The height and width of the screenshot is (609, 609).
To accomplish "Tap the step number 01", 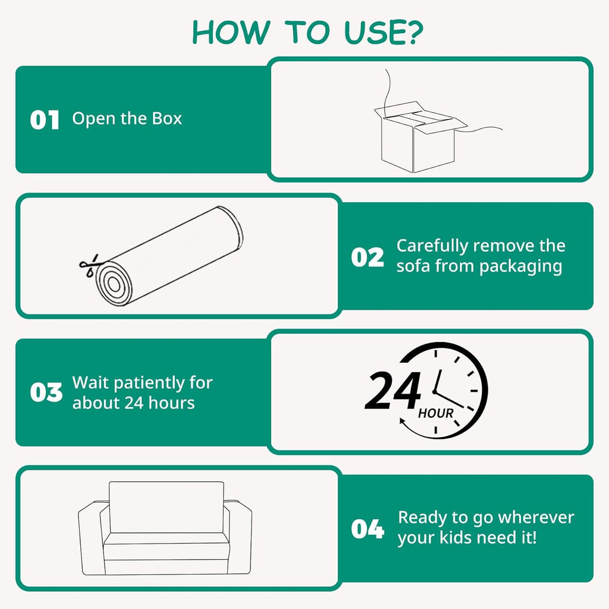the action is click(44, 120).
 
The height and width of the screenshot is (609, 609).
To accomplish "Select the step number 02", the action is click(368, 257).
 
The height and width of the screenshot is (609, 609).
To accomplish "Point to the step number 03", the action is click(46, 392).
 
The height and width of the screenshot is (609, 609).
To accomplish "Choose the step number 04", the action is click(368, 529).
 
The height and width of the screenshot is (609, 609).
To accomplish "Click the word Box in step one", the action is click(167, 118).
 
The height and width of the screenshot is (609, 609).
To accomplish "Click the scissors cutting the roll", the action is click(89, 266).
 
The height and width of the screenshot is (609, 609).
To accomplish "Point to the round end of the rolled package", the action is click(114, 284).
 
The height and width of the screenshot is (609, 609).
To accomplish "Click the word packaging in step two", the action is click(520, 267).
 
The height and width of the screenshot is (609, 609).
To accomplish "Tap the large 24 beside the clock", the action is click(393, 390).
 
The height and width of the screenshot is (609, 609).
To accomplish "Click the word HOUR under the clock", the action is click(436, 413).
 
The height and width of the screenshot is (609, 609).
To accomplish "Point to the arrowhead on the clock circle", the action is click(403, 422).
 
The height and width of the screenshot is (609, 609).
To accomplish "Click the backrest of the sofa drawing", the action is click(167, 507).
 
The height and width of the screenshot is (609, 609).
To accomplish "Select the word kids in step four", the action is click(456, 538).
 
